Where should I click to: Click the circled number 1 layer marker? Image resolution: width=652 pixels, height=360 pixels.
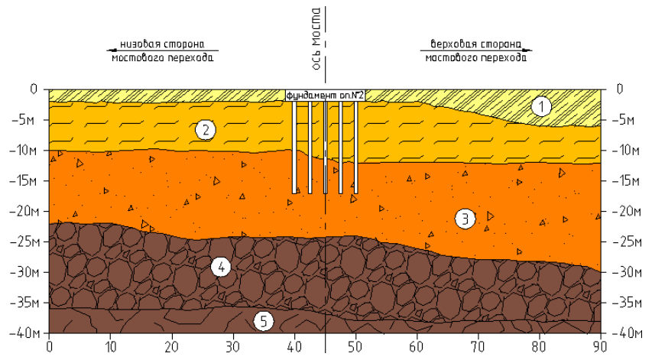coord(541,107)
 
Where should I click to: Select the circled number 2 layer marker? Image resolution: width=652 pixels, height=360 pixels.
coord(206,130)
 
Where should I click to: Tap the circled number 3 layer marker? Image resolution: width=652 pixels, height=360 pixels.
coord(465,219)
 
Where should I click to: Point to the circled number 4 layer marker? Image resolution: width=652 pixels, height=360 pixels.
coord(221,267)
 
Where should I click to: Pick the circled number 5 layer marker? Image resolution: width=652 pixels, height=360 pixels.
coord(263,321)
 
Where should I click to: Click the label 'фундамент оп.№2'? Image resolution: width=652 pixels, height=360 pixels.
coord(325,96)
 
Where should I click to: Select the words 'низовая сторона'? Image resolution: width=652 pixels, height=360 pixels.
coord(162,44)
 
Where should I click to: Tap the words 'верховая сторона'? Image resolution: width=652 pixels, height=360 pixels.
coord(475,44)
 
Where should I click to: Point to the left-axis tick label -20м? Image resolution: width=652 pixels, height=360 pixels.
coord(24,211)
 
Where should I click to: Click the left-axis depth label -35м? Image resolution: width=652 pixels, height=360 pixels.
coord(24,303)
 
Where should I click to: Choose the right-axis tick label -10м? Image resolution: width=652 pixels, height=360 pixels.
coord(626,150)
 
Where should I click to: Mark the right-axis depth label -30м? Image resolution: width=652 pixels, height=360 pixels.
coord(626,272)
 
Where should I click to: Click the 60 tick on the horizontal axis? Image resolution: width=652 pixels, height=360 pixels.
coord(417,347)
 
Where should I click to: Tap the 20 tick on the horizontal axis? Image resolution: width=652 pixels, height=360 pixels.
coord(172,347)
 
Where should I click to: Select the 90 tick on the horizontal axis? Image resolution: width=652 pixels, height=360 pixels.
coord(600,347)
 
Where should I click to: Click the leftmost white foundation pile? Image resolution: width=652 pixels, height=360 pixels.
coord(294,148)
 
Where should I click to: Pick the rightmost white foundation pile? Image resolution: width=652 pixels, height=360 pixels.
coord(356,148)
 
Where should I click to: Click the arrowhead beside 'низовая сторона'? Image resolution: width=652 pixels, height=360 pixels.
coord(111,50)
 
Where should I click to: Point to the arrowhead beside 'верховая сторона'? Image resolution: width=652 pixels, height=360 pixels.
coord(527,50)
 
